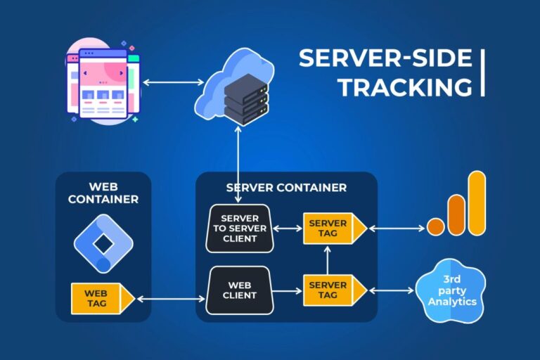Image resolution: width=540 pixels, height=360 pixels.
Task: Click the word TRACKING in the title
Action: [404, 87]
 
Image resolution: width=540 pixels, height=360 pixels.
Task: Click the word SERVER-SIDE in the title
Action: [384, 58]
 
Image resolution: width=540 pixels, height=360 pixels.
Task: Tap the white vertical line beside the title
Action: [483, 72]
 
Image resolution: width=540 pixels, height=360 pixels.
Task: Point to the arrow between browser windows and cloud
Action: [168, 83]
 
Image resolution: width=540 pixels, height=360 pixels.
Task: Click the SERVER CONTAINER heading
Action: [286, 188]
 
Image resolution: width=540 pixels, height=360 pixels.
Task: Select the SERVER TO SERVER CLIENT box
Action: [240, 229]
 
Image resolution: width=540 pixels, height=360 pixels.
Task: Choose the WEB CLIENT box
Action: [239, 290]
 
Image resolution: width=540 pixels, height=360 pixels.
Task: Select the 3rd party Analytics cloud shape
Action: [451, 290]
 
